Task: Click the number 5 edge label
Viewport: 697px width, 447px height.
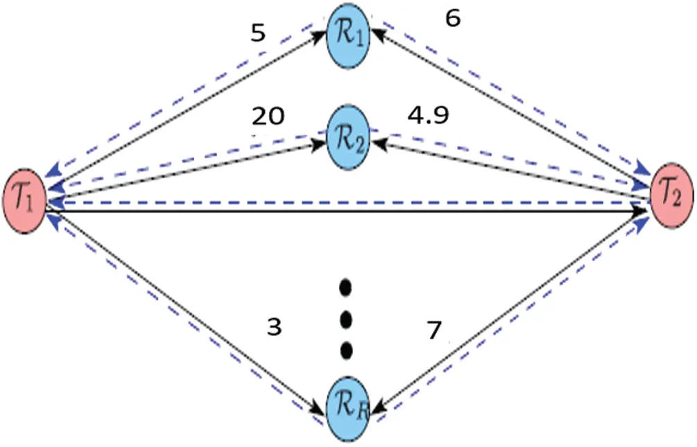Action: tap(258, 34)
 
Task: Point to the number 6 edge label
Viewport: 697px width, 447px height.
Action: tap(452, 19)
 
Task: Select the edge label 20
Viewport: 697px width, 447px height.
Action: tap(268, 116)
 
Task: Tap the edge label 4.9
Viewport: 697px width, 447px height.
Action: tap(427, 115)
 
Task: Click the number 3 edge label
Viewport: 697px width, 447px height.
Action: tap(275, 327)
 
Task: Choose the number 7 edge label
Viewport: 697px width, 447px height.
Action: tap(434, 332)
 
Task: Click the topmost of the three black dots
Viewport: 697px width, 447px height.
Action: tap(347, 286)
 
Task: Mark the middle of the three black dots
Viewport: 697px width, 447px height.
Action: tap(347, 319)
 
